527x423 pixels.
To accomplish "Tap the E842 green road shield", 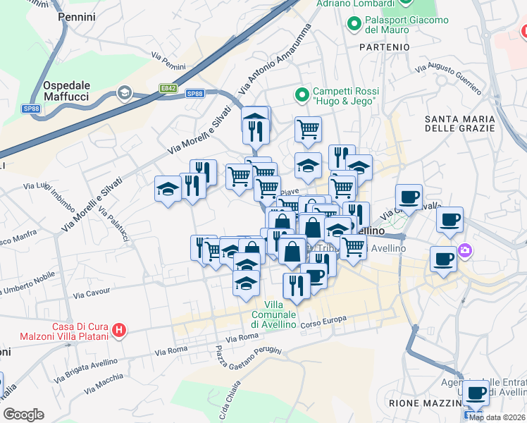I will [168, 88].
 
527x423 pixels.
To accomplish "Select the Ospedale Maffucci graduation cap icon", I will [125, 92].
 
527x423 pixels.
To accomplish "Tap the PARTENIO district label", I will [383, 47].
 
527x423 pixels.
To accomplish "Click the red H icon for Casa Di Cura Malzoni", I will [120, 329].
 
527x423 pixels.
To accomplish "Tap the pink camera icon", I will [464, 250].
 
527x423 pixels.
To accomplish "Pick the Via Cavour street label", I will [92, 293].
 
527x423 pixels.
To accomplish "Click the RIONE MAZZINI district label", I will [419, 403].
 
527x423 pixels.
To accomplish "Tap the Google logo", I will [23, 414].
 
